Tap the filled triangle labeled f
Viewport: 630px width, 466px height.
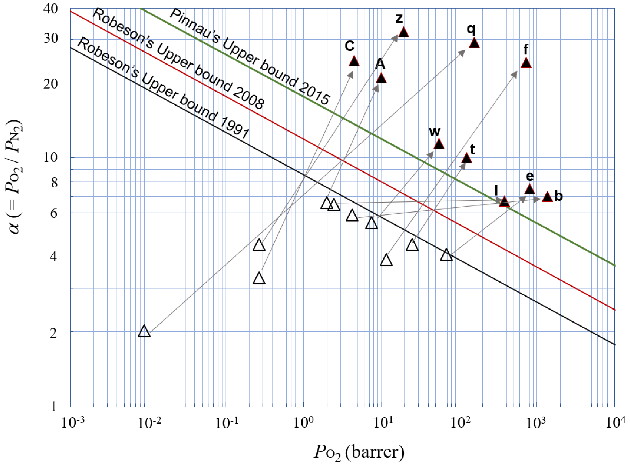(x=526, y=63)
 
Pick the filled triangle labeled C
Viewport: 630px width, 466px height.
(x=354, y=61)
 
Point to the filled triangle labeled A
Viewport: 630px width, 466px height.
(x=381, y=78)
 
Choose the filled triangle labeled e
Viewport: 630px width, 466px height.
(x=530, y=189)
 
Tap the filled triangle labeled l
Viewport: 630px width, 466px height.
(x=504, y=201)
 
